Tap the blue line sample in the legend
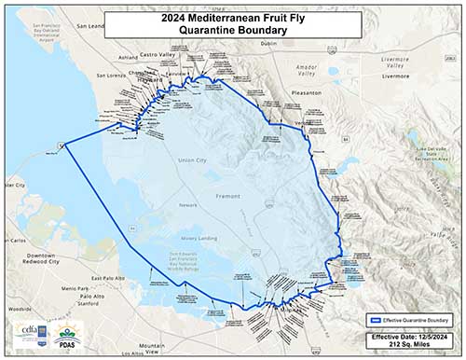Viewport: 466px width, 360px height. tap(373, 320)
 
